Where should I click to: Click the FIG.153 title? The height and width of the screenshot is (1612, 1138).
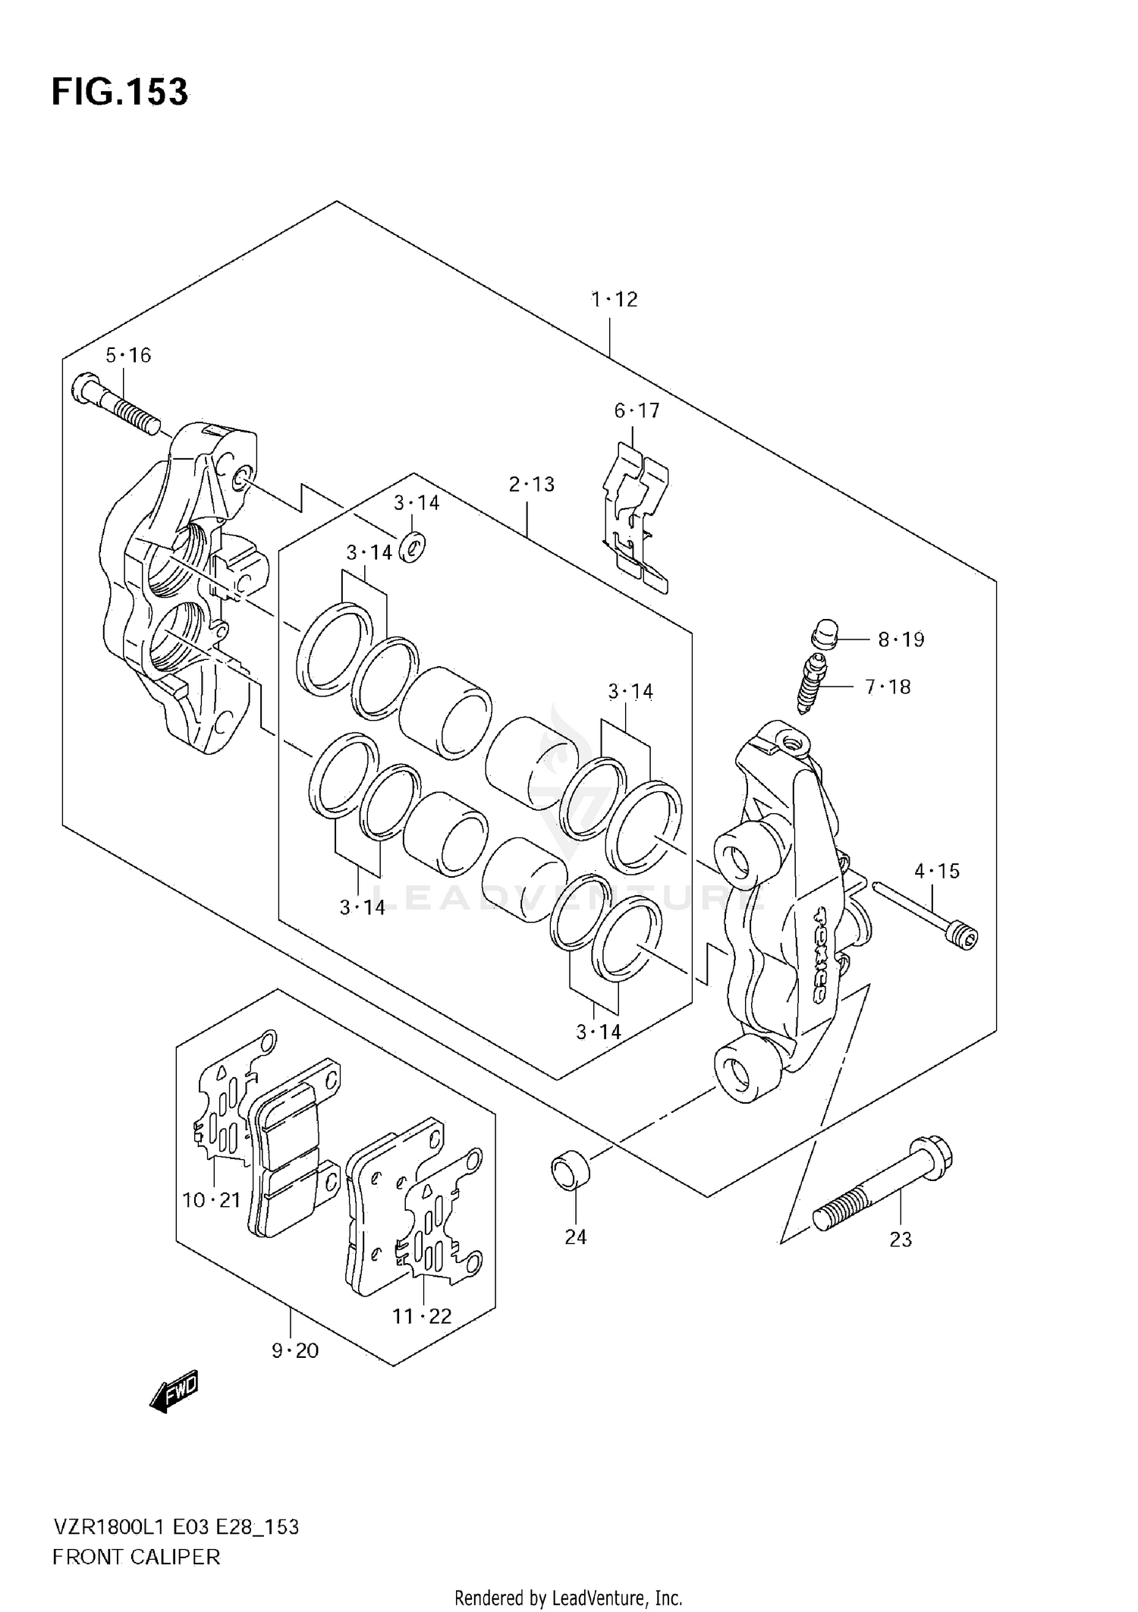pyautogui.click(x=120, y=93)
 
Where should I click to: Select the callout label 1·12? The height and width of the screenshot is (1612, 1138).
pyautogui.click(x=615, y=300)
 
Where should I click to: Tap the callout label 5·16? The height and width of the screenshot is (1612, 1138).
pyautogui.click(x=128, y=355)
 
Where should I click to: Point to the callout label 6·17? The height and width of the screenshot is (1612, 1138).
pyautogui.click(x=637, y=411)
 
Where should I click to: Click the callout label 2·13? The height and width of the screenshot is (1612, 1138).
pyautogui.click(x=531, y=484)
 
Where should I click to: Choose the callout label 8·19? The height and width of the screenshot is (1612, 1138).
pyautogui.click(x=901, y=639)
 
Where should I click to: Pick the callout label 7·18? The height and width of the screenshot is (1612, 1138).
pyautogui.click(x=888, y=687)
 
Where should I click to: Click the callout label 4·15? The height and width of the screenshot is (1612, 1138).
pyautogui.click(x=937, y=872)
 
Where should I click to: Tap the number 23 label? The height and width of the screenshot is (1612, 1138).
pyautogui.click(x=901, y=1240)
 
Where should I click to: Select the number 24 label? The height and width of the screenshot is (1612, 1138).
pyautogui.click(x=576, y=1237)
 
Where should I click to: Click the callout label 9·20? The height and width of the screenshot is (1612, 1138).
pyautogui.click(x=295, y=1351)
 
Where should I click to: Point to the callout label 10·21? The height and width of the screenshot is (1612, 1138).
pyautogui.click(x=211, y=1200)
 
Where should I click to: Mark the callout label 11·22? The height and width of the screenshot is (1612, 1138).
pyautogui.click(x=422, y=1317)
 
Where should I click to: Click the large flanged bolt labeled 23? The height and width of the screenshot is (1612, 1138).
pyautogui.click(x=882, y=1193)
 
